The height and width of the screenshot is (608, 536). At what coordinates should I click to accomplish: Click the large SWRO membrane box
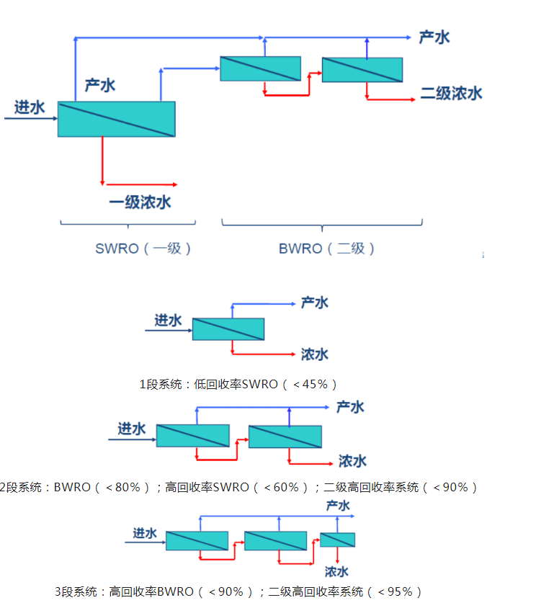pyautogui.click(x=116, y=119)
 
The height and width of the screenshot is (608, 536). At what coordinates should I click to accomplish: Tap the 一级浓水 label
pyautogui.click(x=140, y=202)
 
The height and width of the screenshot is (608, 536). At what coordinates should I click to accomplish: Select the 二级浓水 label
pyautogui.click(x=451, y=94)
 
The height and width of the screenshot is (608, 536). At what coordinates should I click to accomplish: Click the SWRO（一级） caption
pyautogui.click(x=144, y=249)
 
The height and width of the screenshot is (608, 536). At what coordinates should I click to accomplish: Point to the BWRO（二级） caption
pyautogui.click(x=327, y=249)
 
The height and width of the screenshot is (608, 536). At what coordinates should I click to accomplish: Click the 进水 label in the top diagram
pyautogui.click(x=30, y=108)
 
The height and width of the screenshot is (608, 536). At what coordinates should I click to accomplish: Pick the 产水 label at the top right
pyautogui.click(x=434, y=37)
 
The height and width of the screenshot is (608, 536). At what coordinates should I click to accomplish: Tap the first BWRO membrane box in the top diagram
pyautogui.click(x=260, y=68)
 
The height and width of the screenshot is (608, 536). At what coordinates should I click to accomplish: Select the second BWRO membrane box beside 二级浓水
pyautogui.click(x=362, y=69)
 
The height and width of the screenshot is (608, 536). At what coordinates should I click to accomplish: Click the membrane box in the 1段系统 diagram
pyautogui.click(x=228, y=328)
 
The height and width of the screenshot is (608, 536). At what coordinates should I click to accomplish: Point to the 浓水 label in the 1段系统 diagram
pyautogui.click(x=315, y=354)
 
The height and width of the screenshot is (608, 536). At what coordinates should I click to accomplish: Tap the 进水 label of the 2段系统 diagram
pyautogui.click(x=132, y=429)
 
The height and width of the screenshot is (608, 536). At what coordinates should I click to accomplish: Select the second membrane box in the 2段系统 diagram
pyautogui.click(x=285, y=437)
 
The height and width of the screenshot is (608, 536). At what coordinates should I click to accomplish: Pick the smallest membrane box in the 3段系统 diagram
pyautogui.click(x=337, y=540)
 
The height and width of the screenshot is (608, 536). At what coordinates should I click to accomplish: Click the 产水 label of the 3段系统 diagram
pyautogui.click(x=338, y=506)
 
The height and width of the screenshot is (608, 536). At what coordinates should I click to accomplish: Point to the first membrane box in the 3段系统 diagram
pyautogui.click(x=197, y=540)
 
